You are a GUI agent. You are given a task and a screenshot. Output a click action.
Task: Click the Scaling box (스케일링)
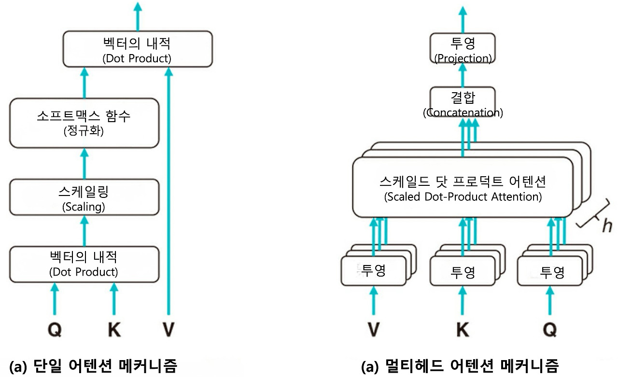(84, 197)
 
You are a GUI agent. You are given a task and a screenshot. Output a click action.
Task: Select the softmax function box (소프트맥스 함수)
(84, 123)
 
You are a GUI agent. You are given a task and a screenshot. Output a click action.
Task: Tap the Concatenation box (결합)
(463, 102)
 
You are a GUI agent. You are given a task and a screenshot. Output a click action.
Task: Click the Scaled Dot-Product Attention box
(463, 187)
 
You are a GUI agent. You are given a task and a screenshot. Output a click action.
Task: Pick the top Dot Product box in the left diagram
(138, 49)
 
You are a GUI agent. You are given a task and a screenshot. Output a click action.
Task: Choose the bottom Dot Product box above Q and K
(84, 264)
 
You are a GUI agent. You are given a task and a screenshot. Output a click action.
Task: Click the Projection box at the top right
(463, 48)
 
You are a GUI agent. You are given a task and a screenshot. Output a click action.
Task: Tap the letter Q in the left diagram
(55, 329)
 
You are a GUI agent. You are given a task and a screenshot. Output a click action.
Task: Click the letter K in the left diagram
(114, 329)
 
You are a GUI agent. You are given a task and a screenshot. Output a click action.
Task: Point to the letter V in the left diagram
(169, 329)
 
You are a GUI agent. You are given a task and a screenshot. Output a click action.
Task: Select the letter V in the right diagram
(374, 329)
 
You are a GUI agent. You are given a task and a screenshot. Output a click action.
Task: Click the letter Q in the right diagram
(550, 329)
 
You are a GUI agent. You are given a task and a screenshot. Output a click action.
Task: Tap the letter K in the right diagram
(463, 329)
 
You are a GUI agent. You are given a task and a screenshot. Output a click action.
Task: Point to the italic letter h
(607, 226)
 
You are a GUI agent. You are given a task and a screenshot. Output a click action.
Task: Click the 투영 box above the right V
(374, 271)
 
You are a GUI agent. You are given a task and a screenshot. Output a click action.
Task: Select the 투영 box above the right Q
(550, 271)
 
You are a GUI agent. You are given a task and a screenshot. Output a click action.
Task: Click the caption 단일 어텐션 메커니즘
(93, 366)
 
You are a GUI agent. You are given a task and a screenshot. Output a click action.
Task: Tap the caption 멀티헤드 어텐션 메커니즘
(460, 366)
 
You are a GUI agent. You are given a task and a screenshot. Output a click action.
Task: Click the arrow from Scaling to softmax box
(84, 164)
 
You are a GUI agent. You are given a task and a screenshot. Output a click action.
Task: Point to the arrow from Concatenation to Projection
(463, 75)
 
